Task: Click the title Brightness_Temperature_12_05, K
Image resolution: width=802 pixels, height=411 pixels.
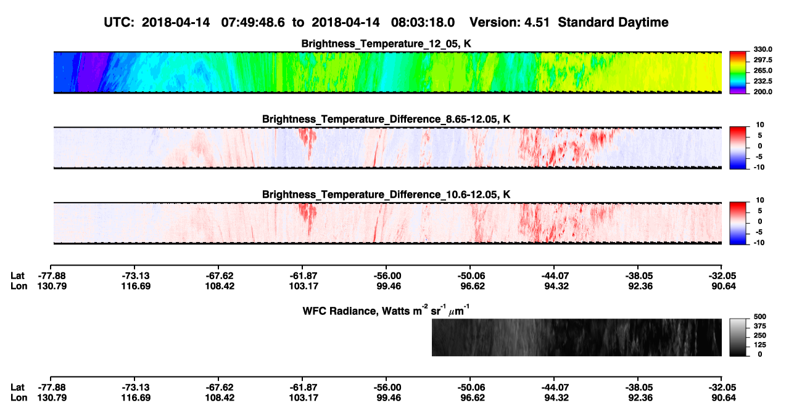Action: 386,44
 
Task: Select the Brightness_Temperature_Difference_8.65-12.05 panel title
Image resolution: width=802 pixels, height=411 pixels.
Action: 386,119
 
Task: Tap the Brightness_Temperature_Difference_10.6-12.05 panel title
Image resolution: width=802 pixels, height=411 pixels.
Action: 386,195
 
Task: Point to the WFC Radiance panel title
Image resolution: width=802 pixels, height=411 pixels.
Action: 386,310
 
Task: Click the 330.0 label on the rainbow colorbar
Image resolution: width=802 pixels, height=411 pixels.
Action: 763,49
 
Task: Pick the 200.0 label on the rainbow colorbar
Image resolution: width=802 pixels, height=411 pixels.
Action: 763,92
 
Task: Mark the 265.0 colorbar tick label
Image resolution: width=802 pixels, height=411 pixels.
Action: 763,70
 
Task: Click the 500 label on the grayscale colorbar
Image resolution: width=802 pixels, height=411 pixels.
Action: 760,317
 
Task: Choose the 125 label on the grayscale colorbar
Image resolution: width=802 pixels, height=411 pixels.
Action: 760,345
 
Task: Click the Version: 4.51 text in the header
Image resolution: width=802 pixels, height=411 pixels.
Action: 509,22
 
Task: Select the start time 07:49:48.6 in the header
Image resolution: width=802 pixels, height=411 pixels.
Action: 253,22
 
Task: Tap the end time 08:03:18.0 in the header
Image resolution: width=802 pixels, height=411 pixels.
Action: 423,22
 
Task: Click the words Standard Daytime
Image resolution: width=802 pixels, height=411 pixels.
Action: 613,22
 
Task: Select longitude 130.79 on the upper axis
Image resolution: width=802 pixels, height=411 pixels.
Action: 52,286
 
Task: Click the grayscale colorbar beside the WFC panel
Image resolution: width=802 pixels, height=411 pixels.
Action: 738,337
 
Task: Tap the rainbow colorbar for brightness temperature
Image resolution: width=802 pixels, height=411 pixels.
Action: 738,73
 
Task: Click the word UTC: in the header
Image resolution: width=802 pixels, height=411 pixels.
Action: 119,22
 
